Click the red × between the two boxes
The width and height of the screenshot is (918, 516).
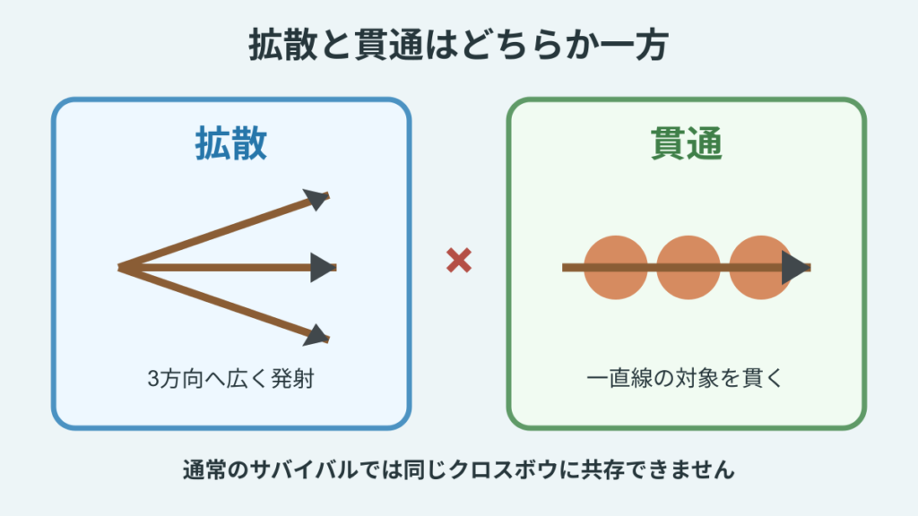click(x=458, y=261)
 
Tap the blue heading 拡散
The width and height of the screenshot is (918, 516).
click(x=231, y=143)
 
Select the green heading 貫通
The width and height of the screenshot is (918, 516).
click(x=686, y=143)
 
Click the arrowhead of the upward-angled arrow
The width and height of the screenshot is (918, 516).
click(x=316, y=199)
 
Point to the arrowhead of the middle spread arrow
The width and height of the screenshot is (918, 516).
click(x=323, y=267)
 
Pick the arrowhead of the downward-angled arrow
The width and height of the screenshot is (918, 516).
click(x=316, y=335)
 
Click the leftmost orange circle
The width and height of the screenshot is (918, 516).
click(x=615, y=267)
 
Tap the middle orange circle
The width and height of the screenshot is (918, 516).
click(x=688, y=267)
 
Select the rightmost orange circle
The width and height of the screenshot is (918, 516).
click(x=760, y=267)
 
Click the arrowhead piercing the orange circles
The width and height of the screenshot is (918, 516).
click(x=794, y=267)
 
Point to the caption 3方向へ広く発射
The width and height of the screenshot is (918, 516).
click(x=230, y=379)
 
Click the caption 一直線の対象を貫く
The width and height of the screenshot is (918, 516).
click(x=685, y=378)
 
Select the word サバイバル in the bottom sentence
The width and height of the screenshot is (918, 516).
click(x=304, y=469)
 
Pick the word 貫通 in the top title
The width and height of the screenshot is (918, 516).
click(x=388, y=45)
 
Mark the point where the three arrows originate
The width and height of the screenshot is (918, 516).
click(x=119, y=267)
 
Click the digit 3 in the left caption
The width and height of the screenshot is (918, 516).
click(x=153, y=379)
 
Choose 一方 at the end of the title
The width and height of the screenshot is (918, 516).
click(x=634, y=45)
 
